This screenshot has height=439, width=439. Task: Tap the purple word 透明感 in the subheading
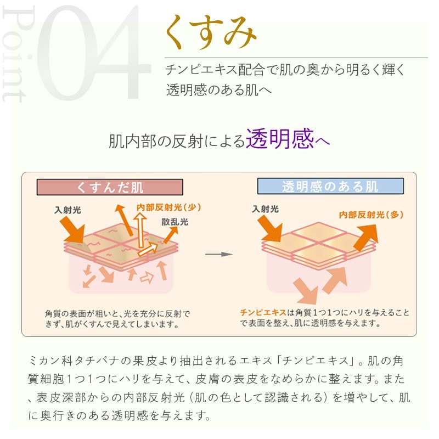[280, 140]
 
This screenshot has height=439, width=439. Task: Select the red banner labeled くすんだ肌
[110, 187]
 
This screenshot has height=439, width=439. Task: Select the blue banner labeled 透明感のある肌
[330, 186]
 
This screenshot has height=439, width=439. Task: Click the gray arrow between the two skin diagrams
[218, 254]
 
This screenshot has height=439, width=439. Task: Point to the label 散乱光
[175, 222]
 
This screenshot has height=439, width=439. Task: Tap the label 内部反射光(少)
[168, 207]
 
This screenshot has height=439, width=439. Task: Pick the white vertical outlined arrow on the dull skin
[141, 229]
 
